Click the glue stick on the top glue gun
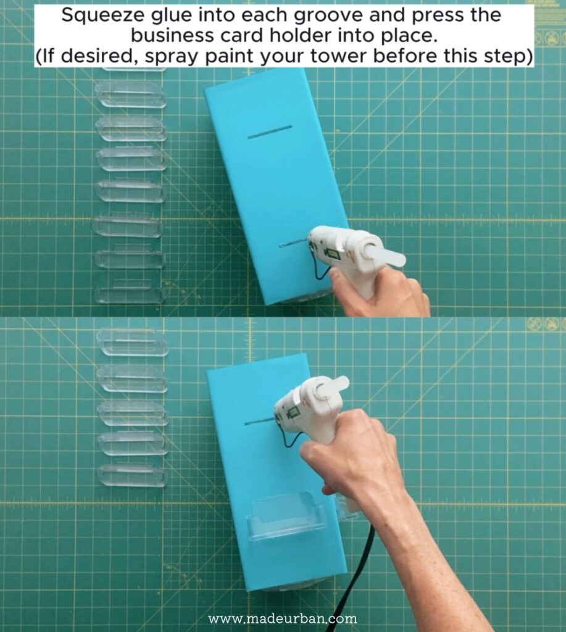tap(383, 254)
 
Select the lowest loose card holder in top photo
tap(129, 295)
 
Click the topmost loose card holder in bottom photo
tap(132, 343)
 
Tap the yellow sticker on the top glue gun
tap(334, 254)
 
